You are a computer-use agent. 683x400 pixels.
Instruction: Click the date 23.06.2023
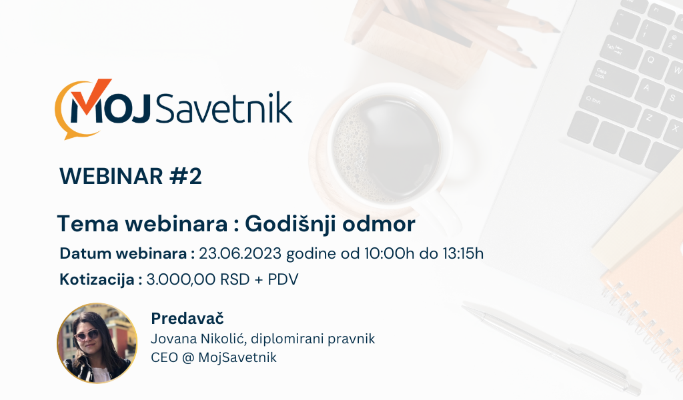click(x=240, y=253)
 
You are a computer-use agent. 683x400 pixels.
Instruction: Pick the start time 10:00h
click(x=389, y=253)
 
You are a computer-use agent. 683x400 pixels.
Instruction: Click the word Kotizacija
click(x=97, y=280)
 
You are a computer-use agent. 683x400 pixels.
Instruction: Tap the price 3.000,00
click(x=181, y=279)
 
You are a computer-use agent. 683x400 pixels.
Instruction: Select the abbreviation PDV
click(x=283, y=279)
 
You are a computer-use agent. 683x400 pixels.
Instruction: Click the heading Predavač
click(x=187, y=319)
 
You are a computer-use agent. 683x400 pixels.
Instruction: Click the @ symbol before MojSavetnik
click(x=187, y=358)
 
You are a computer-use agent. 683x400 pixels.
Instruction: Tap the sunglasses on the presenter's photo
click(x=87, y=335)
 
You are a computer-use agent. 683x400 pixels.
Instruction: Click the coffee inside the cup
click(x=386, y=146)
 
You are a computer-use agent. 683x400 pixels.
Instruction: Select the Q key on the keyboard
click(x=651, y=59)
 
